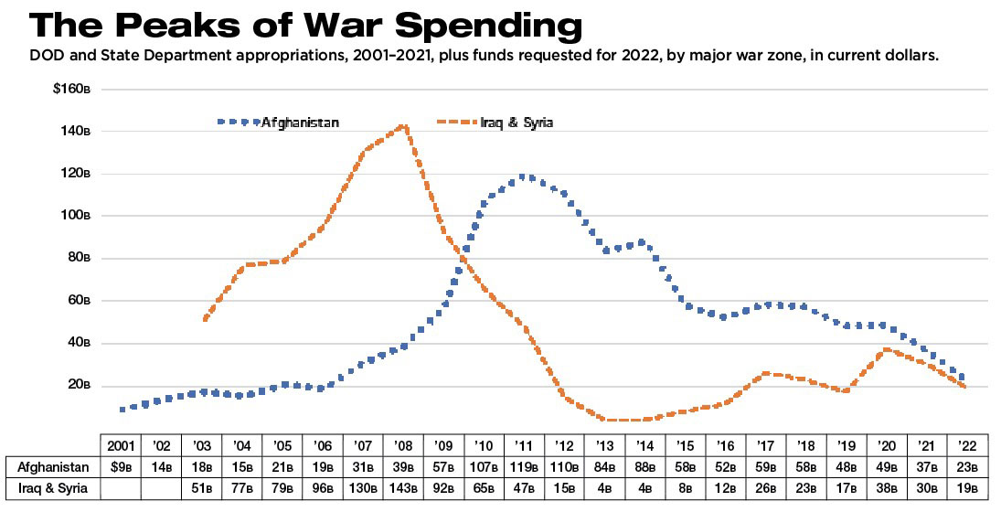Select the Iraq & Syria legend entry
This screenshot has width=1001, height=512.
(516, 122)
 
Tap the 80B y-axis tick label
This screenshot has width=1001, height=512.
(80, 259)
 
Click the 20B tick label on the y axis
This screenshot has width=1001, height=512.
(80, 386)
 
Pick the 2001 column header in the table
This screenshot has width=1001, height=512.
(122, 445)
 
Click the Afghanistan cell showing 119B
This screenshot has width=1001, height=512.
(525, 467)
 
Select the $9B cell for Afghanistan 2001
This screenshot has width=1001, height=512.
(122, 467)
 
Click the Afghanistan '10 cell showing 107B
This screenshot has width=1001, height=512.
(484, 467)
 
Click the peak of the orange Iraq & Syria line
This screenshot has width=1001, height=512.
(403, 127)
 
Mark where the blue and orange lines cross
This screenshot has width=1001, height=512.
(463, 258)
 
